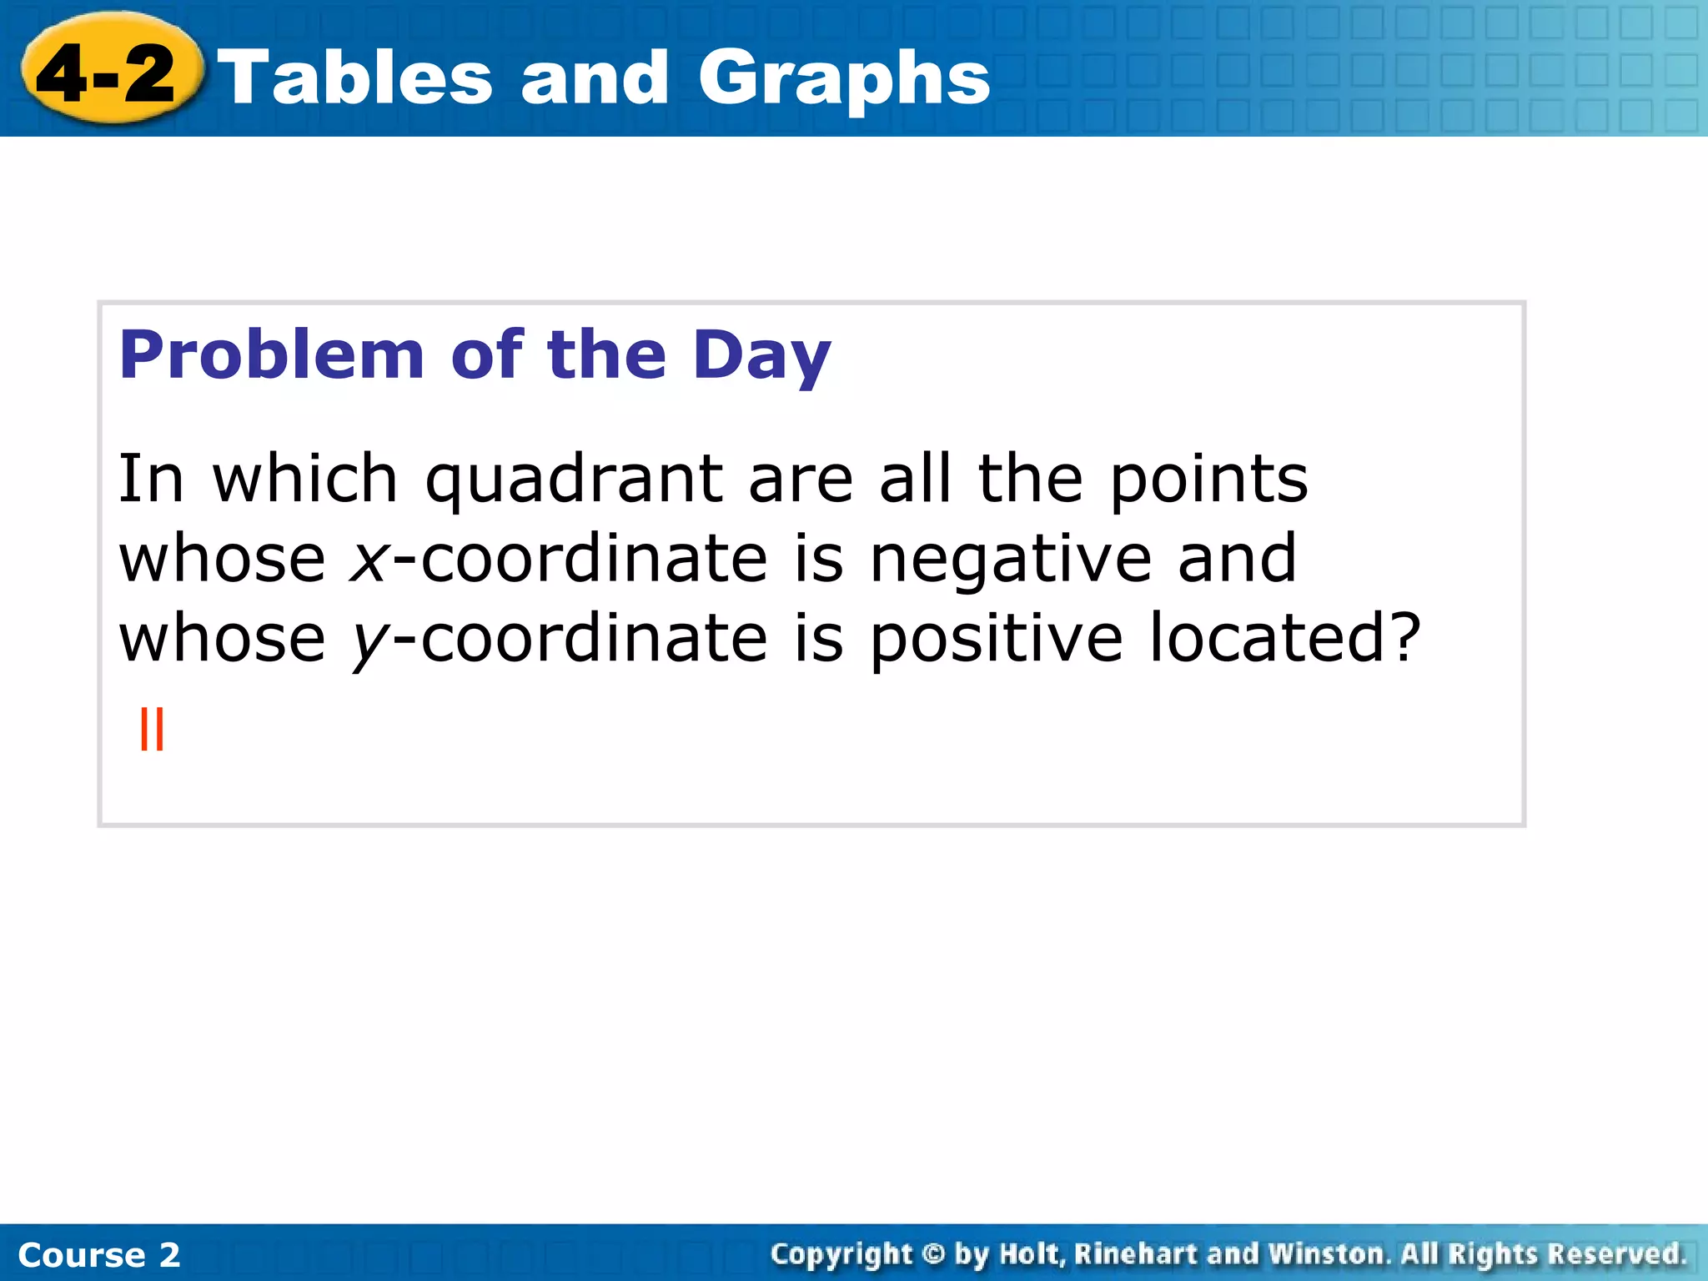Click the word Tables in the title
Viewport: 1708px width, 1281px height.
(359, 77)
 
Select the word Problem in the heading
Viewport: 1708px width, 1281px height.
(272, 355)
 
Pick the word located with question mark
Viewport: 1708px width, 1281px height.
(1285, 638)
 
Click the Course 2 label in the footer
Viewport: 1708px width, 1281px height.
(98, 1254)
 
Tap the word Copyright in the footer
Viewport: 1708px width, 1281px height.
(841, 1253)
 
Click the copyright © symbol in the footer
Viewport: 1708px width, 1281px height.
(933, 1253)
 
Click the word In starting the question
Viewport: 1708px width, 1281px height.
(150, 479)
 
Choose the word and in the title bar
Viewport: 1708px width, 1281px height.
(594, 78)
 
